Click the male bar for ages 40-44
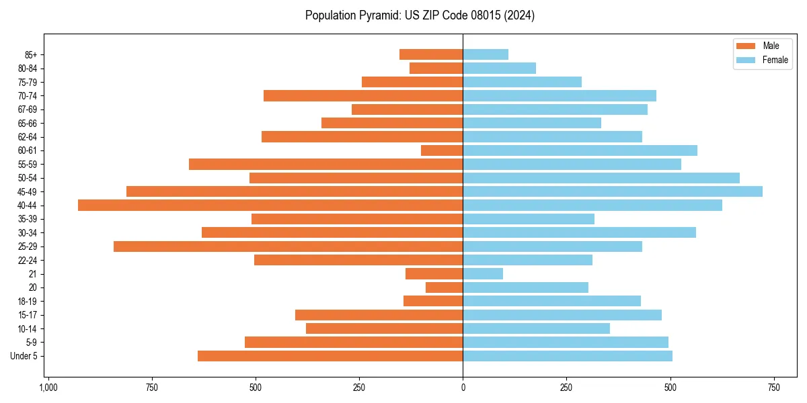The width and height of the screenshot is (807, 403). coord(270,206)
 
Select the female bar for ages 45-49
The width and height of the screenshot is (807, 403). coord(613,191)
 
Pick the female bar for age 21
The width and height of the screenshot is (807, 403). coord(483,274)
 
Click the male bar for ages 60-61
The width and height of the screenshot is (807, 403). coord(442,150)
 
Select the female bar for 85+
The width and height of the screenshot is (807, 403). coord(486,54)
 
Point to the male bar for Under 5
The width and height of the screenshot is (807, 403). coord(330,356)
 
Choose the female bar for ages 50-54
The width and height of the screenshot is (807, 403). coord(601,178)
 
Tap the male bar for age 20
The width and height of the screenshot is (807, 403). coord(444,287)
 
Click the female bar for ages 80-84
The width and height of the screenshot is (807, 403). coord(499,69)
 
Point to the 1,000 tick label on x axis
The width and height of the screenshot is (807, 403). coord(48,388)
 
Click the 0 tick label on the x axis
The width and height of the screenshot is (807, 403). coord(463,388)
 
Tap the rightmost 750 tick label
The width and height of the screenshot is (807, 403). coord(773,388)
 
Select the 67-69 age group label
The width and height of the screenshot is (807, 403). coord(28,109)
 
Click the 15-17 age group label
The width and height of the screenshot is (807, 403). coord(28,315)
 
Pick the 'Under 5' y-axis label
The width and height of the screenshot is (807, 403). coord(24,356)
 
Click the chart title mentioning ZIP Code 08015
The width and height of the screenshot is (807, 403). coord(420,15)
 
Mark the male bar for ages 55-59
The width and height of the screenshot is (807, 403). coord(325,165)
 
